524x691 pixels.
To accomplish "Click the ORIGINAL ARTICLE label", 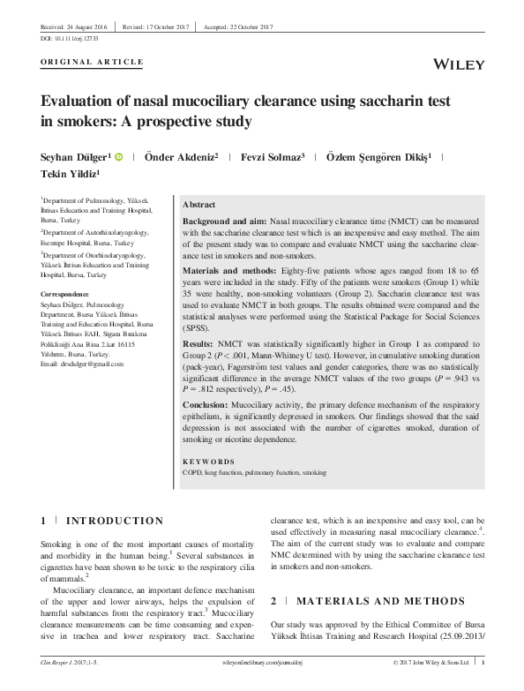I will coord(92,62).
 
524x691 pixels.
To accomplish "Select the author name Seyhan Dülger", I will coord(73,157).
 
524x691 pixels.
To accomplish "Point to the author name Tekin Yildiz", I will coord(71,175).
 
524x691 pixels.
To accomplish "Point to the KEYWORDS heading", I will coord(208,462).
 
